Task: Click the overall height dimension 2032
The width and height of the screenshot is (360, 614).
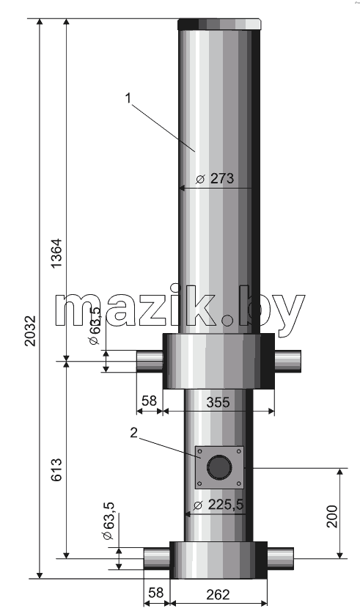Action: point(31,331)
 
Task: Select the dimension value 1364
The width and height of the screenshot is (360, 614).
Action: point(56,253)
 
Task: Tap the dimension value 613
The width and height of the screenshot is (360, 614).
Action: point(56,469)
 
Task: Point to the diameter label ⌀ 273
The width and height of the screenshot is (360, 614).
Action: point(215,178)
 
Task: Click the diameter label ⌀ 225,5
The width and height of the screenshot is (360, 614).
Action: point(220,505)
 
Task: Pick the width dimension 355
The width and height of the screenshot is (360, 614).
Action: point(218,402)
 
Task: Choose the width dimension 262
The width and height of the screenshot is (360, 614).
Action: point(218,594)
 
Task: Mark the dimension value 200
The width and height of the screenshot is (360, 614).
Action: point(332,516)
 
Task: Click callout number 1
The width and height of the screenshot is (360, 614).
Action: point(128,98)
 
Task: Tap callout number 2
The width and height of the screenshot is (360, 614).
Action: point(134,433)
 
